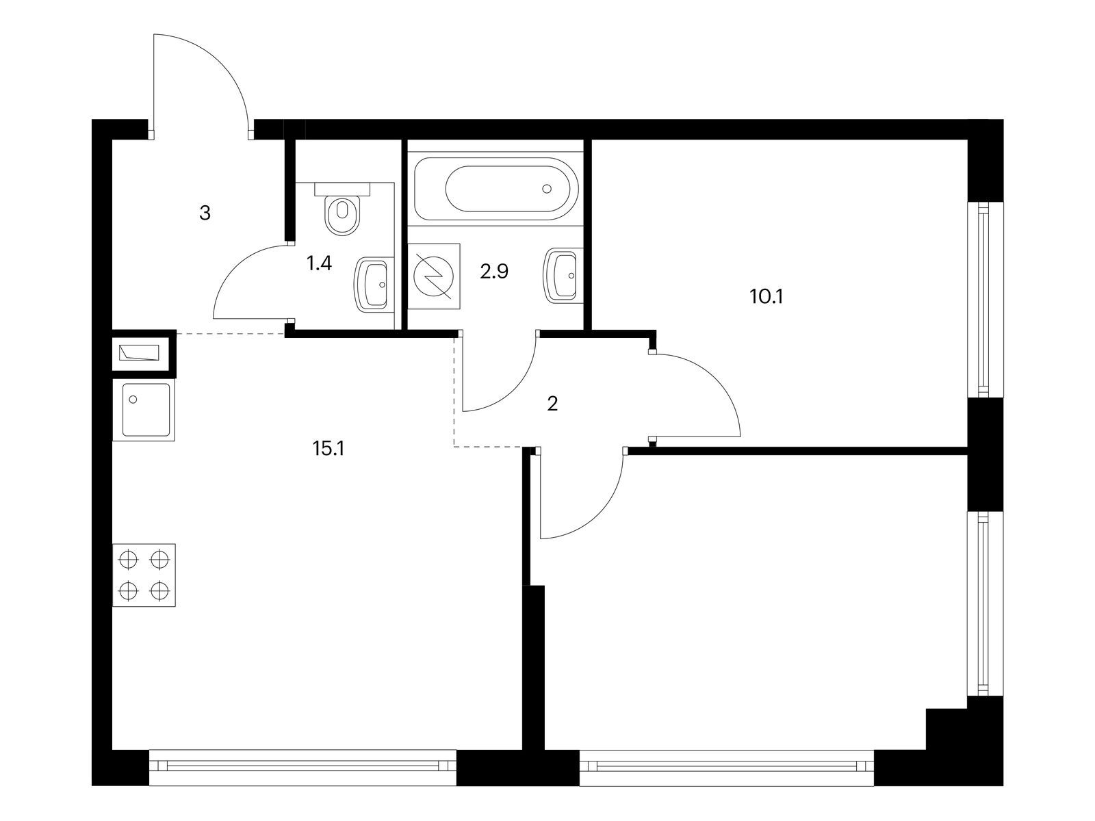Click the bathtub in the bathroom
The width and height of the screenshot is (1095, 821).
[496, 188]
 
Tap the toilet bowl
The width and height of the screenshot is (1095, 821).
[342, 214]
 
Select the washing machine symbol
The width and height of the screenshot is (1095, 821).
[433, 276]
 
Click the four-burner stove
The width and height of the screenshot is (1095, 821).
[144, 575]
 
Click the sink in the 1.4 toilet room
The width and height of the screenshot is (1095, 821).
[374, 284]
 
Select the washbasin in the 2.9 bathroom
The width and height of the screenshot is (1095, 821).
[563, 275]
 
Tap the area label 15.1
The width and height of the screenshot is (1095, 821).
[328, 449]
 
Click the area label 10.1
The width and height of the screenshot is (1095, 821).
[766, 297]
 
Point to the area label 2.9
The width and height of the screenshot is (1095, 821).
[494, 272]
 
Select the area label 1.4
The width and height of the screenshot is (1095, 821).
[320, 263]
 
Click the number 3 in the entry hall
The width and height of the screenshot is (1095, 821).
[205, 213]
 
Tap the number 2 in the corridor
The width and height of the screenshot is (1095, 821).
[552, 404]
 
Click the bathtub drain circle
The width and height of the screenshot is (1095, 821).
[547, 188]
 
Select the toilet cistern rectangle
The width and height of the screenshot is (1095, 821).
[342, 189]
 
